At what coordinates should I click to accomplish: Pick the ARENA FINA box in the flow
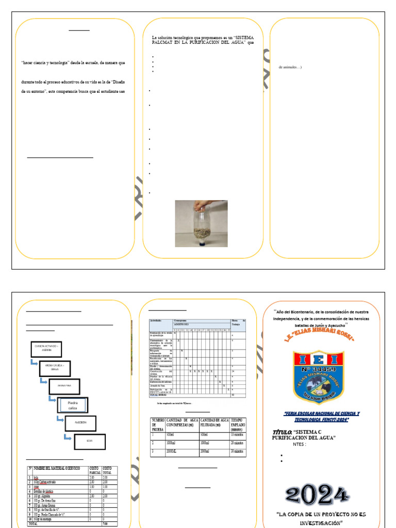click(64, 386)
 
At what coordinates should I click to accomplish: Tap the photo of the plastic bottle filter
click(201, 223)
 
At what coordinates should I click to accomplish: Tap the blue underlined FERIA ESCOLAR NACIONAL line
click(322, 417)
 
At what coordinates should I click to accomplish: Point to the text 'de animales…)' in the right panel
click(290, 67)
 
